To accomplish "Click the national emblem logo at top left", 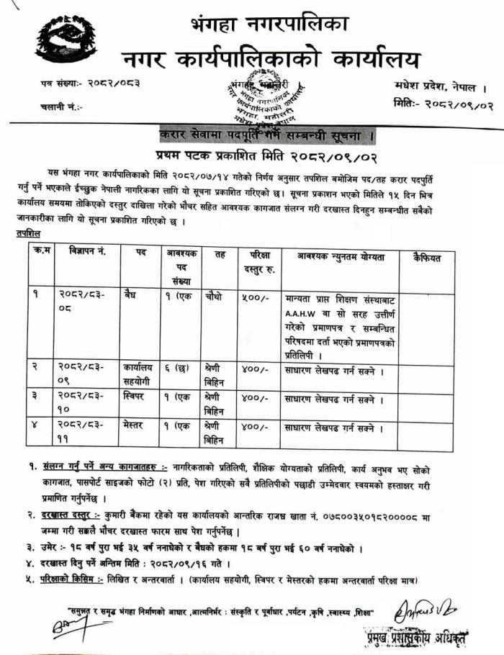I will pos(66,42).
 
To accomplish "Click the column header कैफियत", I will pos(428,257).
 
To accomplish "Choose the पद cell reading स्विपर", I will pos(135,396).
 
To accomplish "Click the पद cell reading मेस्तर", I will pos(135,425).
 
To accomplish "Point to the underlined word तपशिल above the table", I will pos(28,234).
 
